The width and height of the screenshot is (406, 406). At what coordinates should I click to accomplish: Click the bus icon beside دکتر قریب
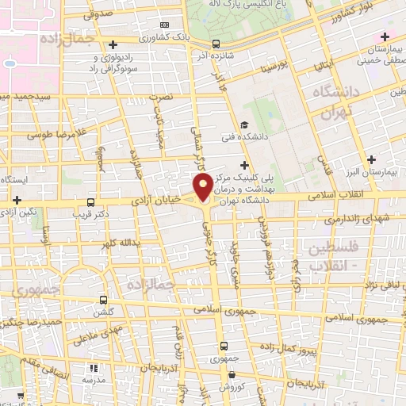click(x=91, y=202)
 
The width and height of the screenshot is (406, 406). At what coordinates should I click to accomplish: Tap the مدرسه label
click(x=95, y=379)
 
